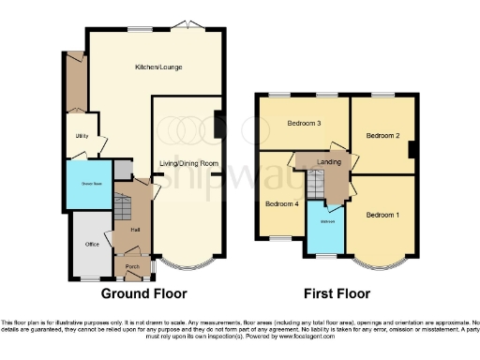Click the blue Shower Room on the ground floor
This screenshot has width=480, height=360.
click(90, 185)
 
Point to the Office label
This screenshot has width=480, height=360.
click(92, 244)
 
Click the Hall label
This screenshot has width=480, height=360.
click(134, 228)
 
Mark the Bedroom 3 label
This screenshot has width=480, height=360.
click(304, 124)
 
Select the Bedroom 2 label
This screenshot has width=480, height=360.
click(382, 136)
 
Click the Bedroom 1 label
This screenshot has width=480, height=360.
click(382, 215)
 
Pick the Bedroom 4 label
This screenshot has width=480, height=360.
click(281, 203)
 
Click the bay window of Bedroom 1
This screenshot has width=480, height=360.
click(382, 263)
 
